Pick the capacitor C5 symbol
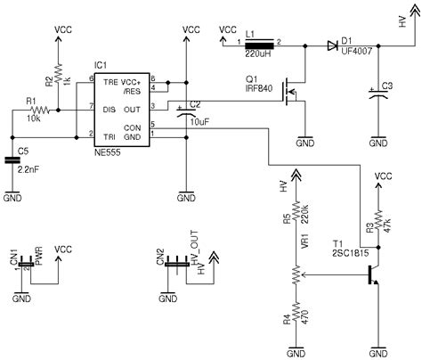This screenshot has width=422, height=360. pos(12,160)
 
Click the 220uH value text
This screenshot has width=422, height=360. pos(256,53)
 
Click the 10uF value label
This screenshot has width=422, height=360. pos(200,119)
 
